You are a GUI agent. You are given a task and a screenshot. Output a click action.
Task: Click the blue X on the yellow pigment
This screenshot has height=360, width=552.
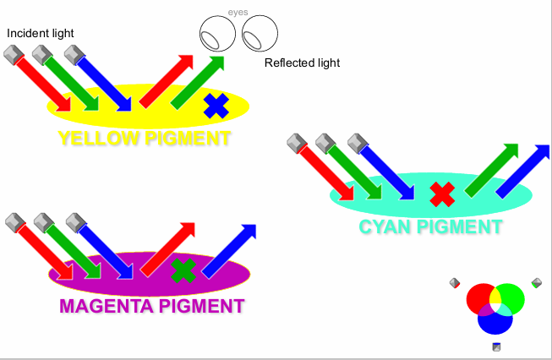(x=216, y=106)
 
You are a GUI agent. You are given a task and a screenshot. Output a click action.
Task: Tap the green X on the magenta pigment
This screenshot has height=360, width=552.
(x=183, y=271)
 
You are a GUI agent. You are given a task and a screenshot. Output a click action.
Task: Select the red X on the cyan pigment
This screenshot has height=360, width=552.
(x=441, y=194)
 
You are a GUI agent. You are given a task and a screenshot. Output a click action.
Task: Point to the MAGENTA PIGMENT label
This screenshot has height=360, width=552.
(x=152, y=306)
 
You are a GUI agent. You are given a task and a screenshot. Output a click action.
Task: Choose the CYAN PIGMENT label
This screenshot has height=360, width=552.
(x=430, y=226)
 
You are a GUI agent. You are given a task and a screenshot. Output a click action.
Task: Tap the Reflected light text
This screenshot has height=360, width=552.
(x=302, y=63)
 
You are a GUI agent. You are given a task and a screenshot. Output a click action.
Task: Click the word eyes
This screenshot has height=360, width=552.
(x=238, y=14)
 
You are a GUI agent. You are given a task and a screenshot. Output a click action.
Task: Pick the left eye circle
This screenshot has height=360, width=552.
(x=217, y=34)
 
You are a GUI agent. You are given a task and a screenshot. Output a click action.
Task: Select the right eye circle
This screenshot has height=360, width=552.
(x=260, y=34)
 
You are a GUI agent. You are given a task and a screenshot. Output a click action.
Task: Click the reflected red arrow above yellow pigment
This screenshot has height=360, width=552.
(x=167, y=81)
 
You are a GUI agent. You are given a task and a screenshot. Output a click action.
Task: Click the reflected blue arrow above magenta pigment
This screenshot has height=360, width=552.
(x=228, y=250)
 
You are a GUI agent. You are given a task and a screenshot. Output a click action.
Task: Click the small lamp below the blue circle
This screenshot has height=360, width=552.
(x=496, y=346)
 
